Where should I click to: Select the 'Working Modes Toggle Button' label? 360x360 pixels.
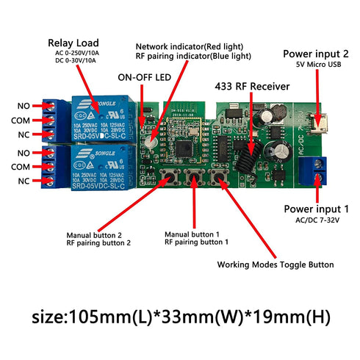pos(275,264)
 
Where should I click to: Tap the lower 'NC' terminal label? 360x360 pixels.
pos(24,181)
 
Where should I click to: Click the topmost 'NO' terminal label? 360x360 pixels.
pos(24,105)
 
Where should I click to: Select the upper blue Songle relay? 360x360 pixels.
pos(101,119)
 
